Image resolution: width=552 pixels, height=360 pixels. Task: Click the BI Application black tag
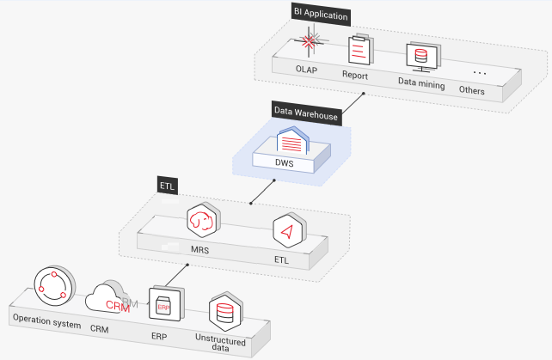tap(321, 15)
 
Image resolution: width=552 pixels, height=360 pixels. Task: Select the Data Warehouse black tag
tap(305, 111)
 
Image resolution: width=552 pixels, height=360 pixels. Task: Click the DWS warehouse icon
tap(292, 139)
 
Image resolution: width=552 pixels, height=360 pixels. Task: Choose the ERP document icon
tap(163, 304)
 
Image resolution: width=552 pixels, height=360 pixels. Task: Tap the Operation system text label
tap(46, 324)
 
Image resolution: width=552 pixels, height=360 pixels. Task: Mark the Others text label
tap(471, 90)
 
